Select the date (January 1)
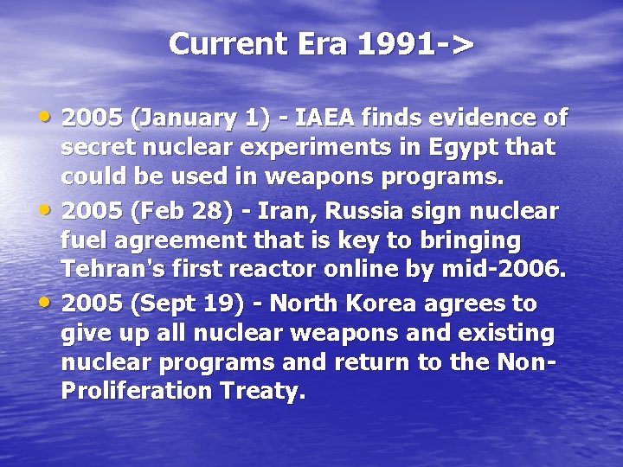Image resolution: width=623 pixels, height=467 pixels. tap(190, 117)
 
